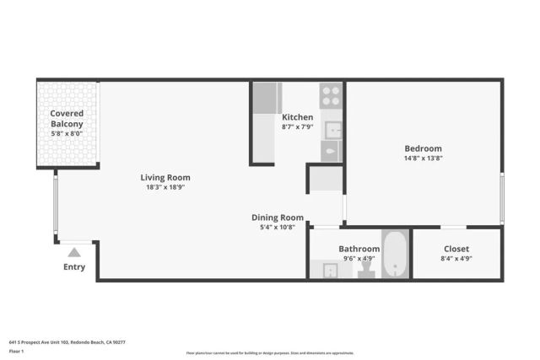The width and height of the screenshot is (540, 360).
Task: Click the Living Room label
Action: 165,177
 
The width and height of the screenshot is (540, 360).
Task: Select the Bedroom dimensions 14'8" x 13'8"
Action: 423,158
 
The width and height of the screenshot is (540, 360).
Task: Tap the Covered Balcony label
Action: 67,119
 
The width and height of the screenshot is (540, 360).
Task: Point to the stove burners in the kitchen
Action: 332,94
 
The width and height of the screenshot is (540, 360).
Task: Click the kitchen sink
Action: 333,130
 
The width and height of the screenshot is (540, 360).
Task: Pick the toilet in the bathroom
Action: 366,269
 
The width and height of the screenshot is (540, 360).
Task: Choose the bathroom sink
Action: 330,270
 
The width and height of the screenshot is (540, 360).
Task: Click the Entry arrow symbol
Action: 74,251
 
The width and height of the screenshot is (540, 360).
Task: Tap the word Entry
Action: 74,267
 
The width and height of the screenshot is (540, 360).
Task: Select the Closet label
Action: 456,249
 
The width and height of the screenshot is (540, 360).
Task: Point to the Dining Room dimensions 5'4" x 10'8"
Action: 278,227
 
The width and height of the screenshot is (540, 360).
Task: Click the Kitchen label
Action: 297,117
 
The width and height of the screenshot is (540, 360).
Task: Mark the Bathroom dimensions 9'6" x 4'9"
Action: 359,259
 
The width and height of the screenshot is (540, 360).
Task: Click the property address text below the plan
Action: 67,342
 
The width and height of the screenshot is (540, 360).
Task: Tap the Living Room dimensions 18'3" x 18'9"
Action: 165,187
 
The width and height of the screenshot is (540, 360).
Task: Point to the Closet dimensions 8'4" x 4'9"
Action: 456,259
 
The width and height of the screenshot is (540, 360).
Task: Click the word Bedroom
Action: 423,148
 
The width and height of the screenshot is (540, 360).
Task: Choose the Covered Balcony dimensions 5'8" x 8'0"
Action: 67,133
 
